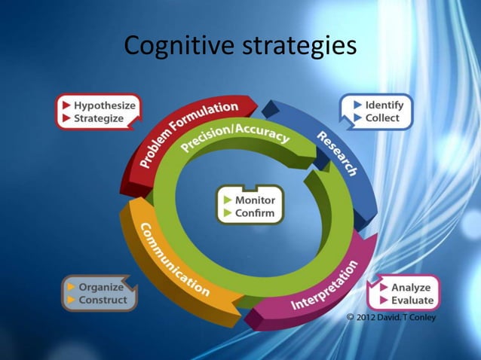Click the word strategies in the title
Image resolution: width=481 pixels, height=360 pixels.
coord(299,47)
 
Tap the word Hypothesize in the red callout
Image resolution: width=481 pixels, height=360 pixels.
coord(104,105)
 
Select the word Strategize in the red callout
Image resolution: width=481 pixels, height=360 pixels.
coord(99,119)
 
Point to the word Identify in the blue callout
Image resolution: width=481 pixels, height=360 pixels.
coord(384,105)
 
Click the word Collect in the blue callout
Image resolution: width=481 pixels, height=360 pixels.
coord(382,118)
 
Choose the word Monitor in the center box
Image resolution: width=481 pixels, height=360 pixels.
coord(255,200)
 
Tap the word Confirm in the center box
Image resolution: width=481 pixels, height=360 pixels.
coord(255,213)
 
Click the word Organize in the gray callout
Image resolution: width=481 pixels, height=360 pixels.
coord(101,288)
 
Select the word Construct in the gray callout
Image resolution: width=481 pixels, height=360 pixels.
coord(103,301)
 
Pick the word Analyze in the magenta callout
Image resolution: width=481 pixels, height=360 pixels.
coord(411,288)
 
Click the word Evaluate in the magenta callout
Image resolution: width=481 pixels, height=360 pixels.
coord(412,301)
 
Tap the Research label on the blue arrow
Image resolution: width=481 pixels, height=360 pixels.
coord(337,154)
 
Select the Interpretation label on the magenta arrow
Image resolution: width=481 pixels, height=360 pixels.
coord(325,285)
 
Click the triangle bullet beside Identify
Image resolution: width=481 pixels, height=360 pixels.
coord(357,105)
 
